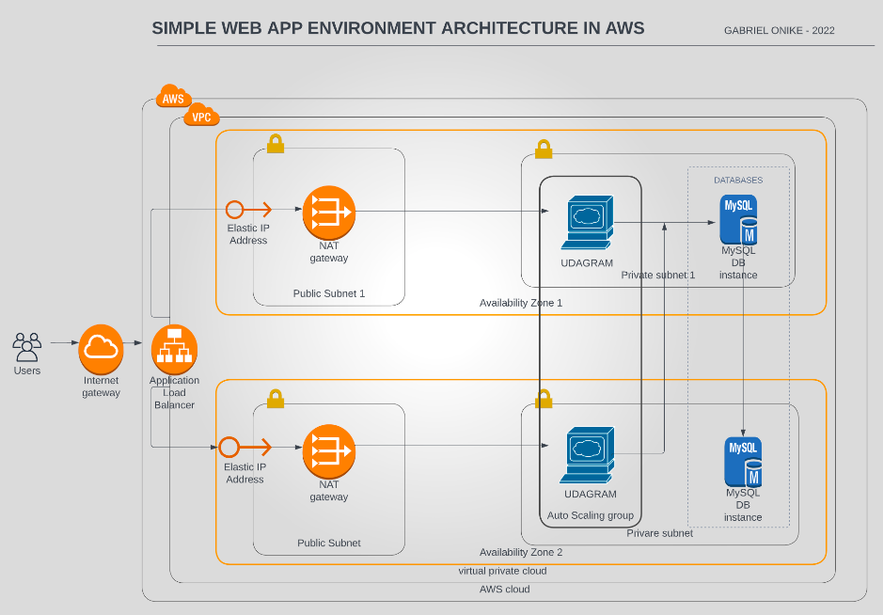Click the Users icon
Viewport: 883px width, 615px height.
[27, 346]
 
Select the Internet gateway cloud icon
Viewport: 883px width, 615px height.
[101, 349]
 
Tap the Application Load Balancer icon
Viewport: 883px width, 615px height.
[174, 349]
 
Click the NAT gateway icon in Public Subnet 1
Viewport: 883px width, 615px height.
[329, 212]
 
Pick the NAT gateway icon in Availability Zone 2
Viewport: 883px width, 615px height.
[329, 450]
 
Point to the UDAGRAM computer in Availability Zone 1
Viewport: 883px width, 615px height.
[588, 223]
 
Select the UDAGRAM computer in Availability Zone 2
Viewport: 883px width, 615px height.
[590, 455]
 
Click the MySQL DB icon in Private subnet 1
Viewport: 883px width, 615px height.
[739, 220]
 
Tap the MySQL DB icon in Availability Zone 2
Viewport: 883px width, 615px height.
[742, 461]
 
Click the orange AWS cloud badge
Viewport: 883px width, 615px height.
[173, 98]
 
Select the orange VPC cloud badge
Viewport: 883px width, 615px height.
[201, 117]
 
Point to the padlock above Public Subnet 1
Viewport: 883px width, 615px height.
[276, 143]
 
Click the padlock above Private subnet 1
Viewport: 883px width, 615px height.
[544, 149]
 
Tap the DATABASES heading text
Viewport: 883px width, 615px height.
[738, 180]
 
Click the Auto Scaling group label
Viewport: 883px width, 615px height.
[591, 515]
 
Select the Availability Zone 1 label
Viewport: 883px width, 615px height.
[521, 303]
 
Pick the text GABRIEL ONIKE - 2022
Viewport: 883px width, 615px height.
[779, 30]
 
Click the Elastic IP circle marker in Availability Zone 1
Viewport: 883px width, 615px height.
[235, 209]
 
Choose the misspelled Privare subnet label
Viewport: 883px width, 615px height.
[659, 533]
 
